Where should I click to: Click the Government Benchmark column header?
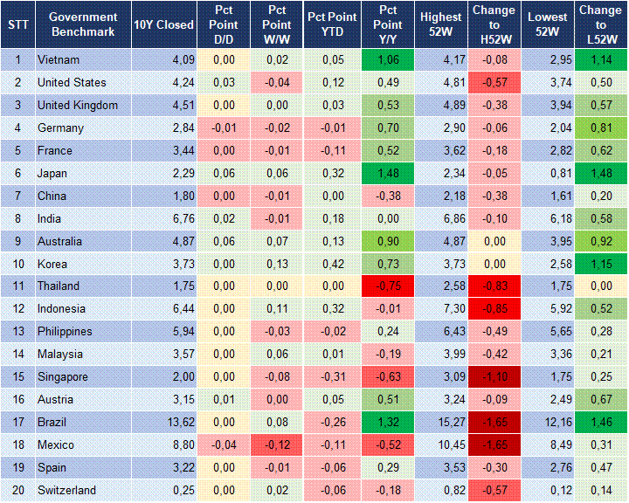click(83, 24)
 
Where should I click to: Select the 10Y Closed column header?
click(163, 24)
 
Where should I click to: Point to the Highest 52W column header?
click(440, 24)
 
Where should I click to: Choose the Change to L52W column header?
click(600, 24)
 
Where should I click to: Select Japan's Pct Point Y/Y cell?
click(385, 174)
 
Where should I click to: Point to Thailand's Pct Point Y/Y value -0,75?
click(385, 286)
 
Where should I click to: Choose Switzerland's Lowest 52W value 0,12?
click(550, 491)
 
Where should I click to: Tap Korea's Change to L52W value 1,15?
click(600, 264)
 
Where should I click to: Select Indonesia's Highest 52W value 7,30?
click(440, 309)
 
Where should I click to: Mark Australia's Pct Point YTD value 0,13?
click(329, 241)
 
